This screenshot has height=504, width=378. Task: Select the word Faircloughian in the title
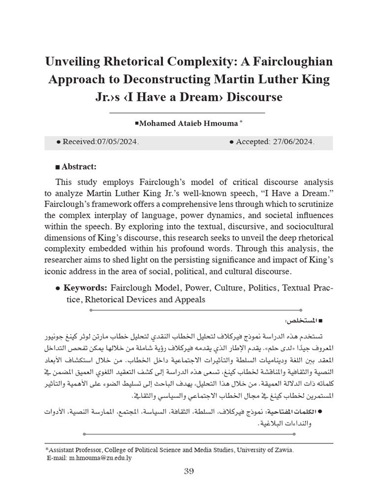(294, 62)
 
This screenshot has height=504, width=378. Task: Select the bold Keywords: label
(86, 287)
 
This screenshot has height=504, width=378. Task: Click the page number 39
(189, 472)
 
